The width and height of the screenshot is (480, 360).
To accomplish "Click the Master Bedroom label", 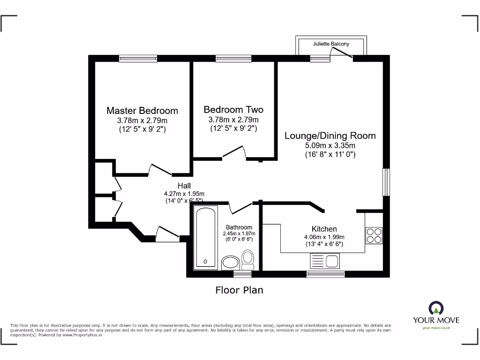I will [142, 111].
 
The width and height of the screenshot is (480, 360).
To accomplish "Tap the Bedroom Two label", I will [233, 110].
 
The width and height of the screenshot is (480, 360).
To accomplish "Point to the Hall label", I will [184, 186].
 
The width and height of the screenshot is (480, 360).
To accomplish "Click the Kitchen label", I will [324, 229].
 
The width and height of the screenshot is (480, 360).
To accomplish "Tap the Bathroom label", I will [239, 227].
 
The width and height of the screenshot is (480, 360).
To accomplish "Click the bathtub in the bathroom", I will [205, 238].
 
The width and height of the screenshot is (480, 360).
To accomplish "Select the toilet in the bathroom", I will [247, 258].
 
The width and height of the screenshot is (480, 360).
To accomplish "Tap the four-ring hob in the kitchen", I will [374, 235].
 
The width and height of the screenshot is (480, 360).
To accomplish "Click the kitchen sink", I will [324, 260].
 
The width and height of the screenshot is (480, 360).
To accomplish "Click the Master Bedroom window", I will [138, 59].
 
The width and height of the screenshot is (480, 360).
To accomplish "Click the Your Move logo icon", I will [435, 308].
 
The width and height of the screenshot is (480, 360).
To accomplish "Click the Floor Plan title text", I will [239, 290].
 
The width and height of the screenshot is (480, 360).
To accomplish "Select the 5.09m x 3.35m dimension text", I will [330, 145].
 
